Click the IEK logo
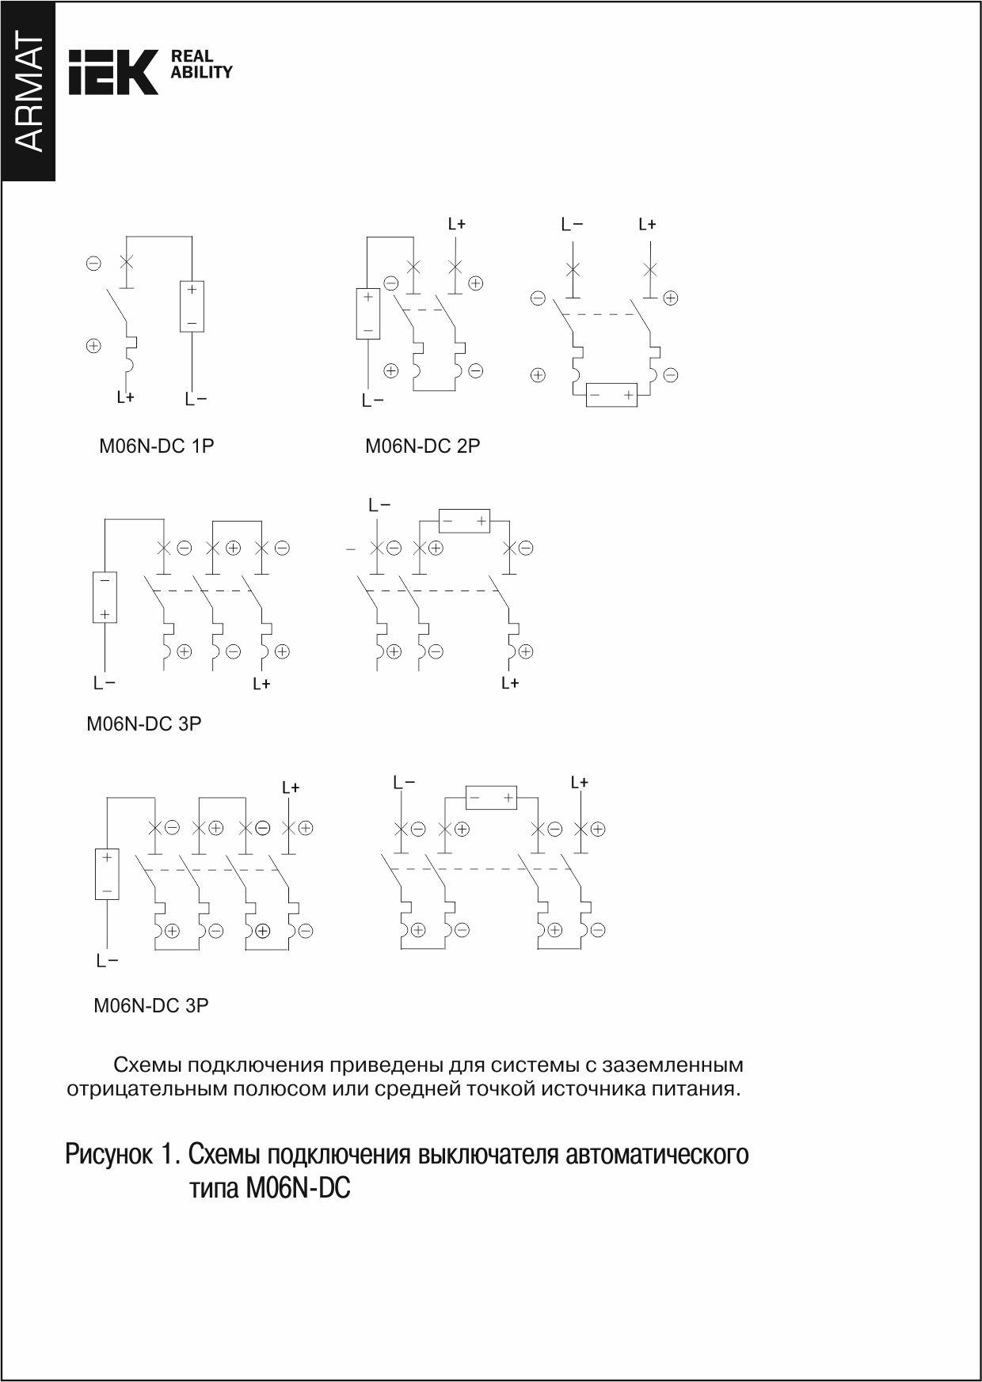(113, 72)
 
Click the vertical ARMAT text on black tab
(29, 93)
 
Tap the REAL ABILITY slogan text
(201, 64)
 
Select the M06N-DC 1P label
(156, 446)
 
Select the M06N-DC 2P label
(422, 446)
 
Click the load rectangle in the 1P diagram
(192, 306)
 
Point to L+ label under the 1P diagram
(125, 398)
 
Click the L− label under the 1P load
(196, 400)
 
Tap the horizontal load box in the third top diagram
(611, 395)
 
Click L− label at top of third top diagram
(572, 225)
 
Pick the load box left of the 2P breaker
(367, 314)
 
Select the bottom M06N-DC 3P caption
(151, 1007)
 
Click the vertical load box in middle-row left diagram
(105, 597)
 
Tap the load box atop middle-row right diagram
(465, 522)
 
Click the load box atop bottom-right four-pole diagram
(491, 799)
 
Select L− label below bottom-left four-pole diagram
(107, 962)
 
